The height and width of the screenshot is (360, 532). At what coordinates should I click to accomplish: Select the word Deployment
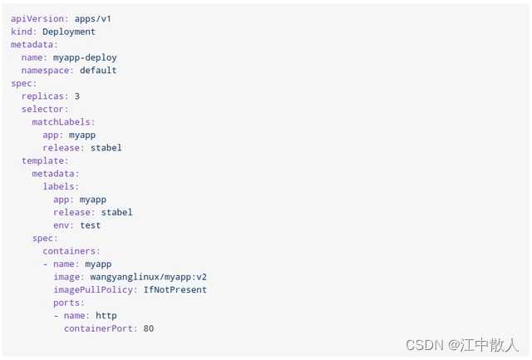(69, 32)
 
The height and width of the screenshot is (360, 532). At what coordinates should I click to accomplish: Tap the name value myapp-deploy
(85, 57)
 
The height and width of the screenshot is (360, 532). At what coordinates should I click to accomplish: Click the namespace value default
(98, 71)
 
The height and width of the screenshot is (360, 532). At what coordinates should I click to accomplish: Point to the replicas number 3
(77, 96)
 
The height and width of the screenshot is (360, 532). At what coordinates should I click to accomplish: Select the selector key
(45, 109)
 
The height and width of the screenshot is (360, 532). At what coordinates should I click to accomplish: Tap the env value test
(90, 225)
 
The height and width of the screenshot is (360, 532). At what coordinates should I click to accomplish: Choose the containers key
(71, 251)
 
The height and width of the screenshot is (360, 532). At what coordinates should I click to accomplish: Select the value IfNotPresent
(175, 290)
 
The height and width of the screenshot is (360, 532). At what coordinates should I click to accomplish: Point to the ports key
(69, 303)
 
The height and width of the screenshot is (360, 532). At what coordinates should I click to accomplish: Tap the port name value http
(106, 316)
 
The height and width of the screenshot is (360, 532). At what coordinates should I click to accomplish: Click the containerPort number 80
(149, 328)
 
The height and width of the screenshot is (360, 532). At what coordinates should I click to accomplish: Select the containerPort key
(101, 328)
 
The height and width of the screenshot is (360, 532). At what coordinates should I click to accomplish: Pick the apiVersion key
(34, 18)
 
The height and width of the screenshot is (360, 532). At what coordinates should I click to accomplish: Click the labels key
(61, 187)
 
